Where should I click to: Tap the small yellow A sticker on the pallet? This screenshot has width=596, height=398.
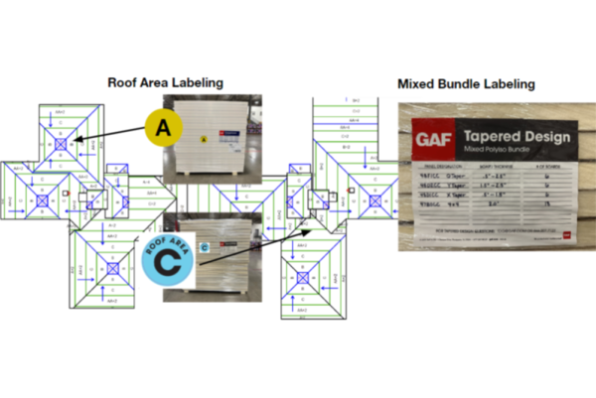pos(203,141)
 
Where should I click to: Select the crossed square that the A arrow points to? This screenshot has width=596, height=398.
pos(61,144)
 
